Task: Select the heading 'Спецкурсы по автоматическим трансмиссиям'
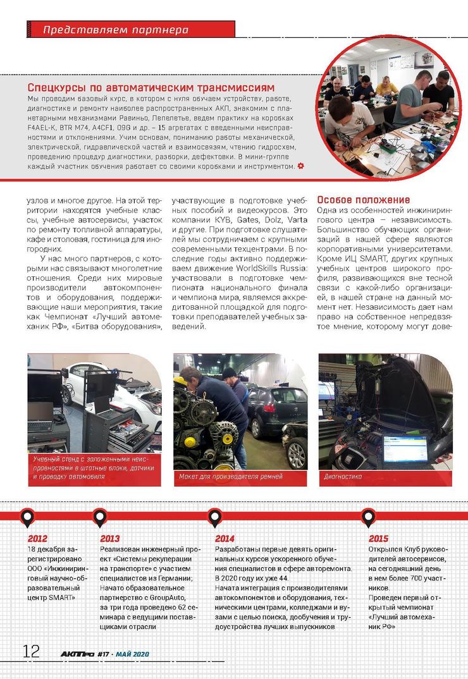[152, 87]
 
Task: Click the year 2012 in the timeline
[37, 539]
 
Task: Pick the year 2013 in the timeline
[109, 539]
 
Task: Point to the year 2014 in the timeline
[225, 539]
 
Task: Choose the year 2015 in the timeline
[378, 539]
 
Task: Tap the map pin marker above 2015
[367, 518]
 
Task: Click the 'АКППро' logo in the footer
[77, 654]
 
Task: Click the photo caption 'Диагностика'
[342, 476]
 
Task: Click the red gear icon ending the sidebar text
[300, 166]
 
